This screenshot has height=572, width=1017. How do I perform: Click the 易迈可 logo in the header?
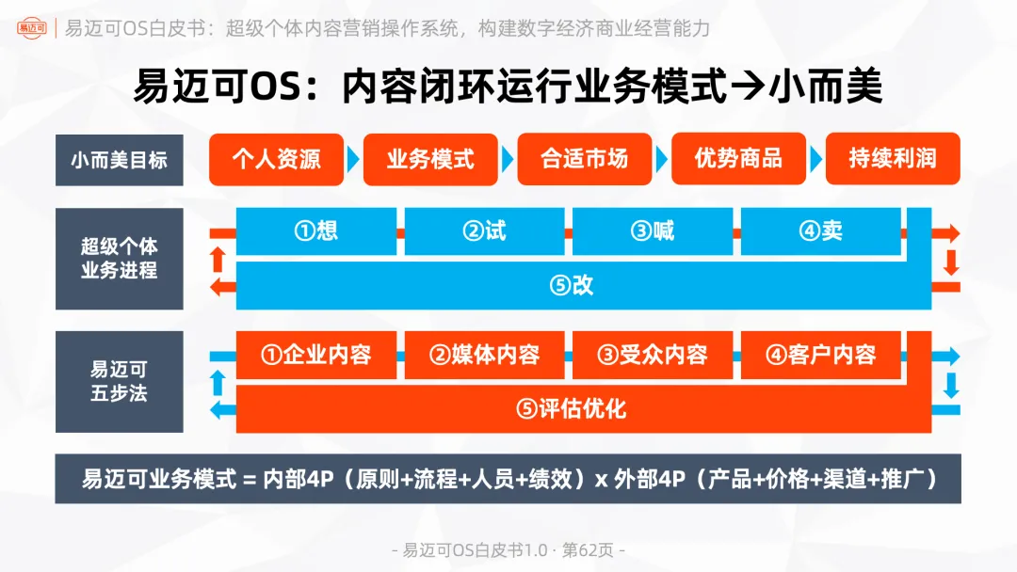[35, 27]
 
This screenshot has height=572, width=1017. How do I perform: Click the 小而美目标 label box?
[119, 159]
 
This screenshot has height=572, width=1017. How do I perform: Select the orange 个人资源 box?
[276, 158]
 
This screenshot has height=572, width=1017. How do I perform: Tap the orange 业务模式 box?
[430, 158]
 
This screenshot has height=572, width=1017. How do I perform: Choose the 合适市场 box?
[585, 158]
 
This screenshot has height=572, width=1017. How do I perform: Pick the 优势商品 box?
[738, 158]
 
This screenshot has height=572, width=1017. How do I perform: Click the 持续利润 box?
[893, 158]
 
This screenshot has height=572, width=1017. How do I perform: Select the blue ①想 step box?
[315, 231]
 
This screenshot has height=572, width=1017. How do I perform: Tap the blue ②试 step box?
[484, 231]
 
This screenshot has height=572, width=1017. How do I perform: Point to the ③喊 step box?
[653, 231]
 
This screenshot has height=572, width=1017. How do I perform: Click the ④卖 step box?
[820, 231]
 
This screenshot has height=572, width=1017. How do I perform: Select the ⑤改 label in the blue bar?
[572, 286]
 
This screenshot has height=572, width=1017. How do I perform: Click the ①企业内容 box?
[315, 355]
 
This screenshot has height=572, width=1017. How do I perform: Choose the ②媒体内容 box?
[484, 355]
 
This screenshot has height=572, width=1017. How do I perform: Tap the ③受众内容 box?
[653, 355]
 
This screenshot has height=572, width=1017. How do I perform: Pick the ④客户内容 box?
[820, 355]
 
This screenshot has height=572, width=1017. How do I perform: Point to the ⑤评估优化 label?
[572, 409]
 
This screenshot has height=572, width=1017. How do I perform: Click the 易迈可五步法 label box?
[119, 381]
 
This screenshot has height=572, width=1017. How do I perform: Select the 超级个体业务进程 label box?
[119, 259]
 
